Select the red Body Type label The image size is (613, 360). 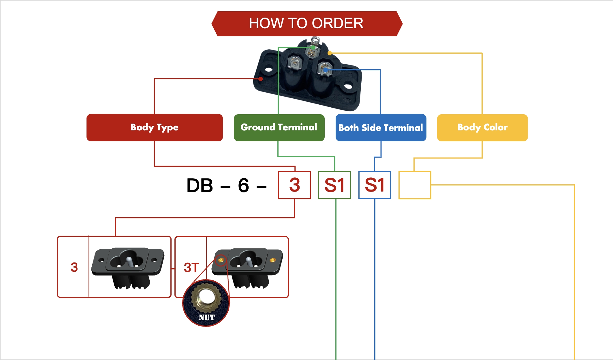(155, 127)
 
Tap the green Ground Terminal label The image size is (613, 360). (279, 127)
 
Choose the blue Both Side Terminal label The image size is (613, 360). (381, 127)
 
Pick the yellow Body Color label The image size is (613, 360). (482, 127)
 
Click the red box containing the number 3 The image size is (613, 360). (294, 185)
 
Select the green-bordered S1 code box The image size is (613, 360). (334, 185)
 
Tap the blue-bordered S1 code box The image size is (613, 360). (375, 185)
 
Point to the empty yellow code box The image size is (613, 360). (415, 185)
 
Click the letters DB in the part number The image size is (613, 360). (200, 185)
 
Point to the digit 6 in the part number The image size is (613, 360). (243, 185)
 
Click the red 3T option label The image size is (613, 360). (191, 267)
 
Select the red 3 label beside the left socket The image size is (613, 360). (74, 267)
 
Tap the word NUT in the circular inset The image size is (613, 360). (206, 317)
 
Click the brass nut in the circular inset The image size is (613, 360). (206, 297)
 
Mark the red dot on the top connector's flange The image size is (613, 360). (261, 79)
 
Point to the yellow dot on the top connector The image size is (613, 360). (330, 53)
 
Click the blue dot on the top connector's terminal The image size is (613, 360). (325, 70)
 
